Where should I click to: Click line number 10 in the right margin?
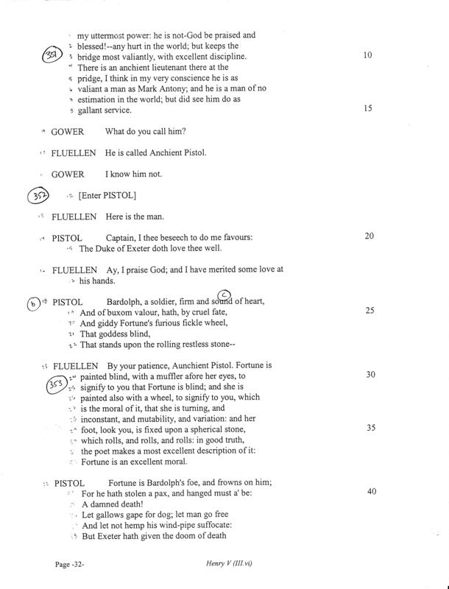point(372,55)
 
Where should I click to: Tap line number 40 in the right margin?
point(372,491)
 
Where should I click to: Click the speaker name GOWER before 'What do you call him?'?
point(67,132)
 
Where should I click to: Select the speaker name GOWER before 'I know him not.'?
point(67,174)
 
